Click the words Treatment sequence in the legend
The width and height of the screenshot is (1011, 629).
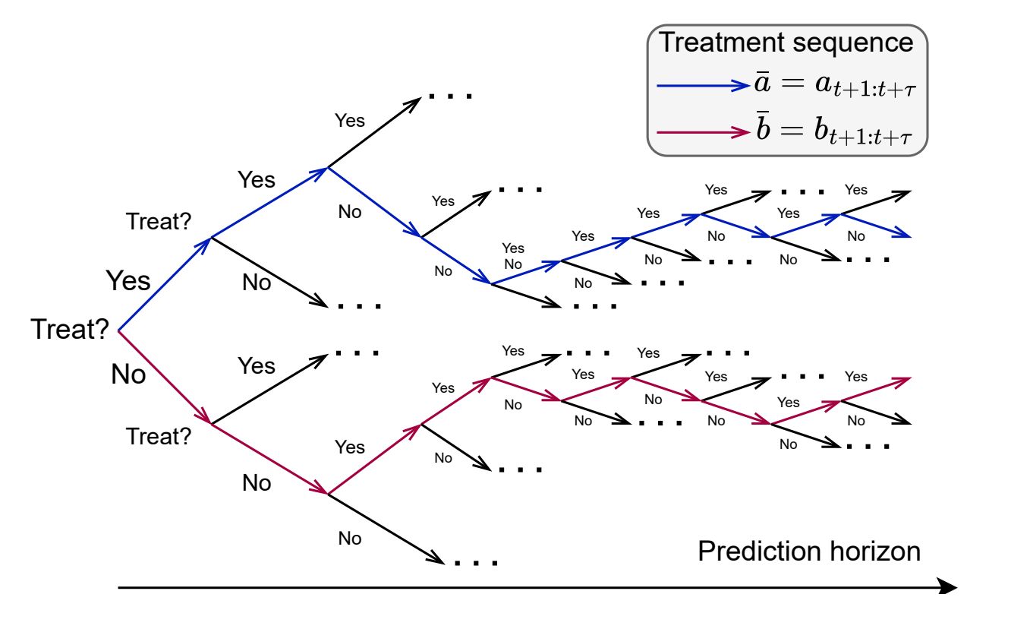[x=786, y=42]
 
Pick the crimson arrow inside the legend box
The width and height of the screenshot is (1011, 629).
[x=703, y=132]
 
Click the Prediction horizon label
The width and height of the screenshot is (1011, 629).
[x=809, y=551]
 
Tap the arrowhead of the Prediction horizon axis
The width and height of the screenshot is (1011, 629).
[x=949, y=586]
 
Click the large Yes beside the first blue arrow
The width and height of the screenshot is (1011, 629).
[x=128, y=280]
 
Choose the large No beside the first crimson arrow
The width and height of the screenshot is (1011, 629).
[x=128, y=374]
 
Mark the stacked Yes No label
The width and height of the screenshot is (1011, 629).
[x=513, y=257]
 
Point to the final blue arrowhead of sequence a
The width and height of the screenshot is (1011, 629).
[x=903, y=235]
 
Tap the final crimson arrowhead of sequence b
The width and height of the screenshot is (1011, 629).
[x=903, y=379]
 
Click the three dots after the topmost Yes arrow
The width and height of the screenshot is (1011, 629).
[x=450, y=96]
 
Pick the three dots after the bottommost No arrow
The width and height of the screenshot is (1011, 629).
[x=475, y=564]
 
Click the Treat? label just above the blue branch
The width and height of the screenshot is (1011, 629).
[x=159, y=221]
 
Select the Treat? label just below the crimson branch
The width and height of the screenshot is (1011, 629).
[x=159, y=436]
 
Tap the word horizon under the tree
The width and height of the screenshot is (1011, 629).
[x=874, y=551]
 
